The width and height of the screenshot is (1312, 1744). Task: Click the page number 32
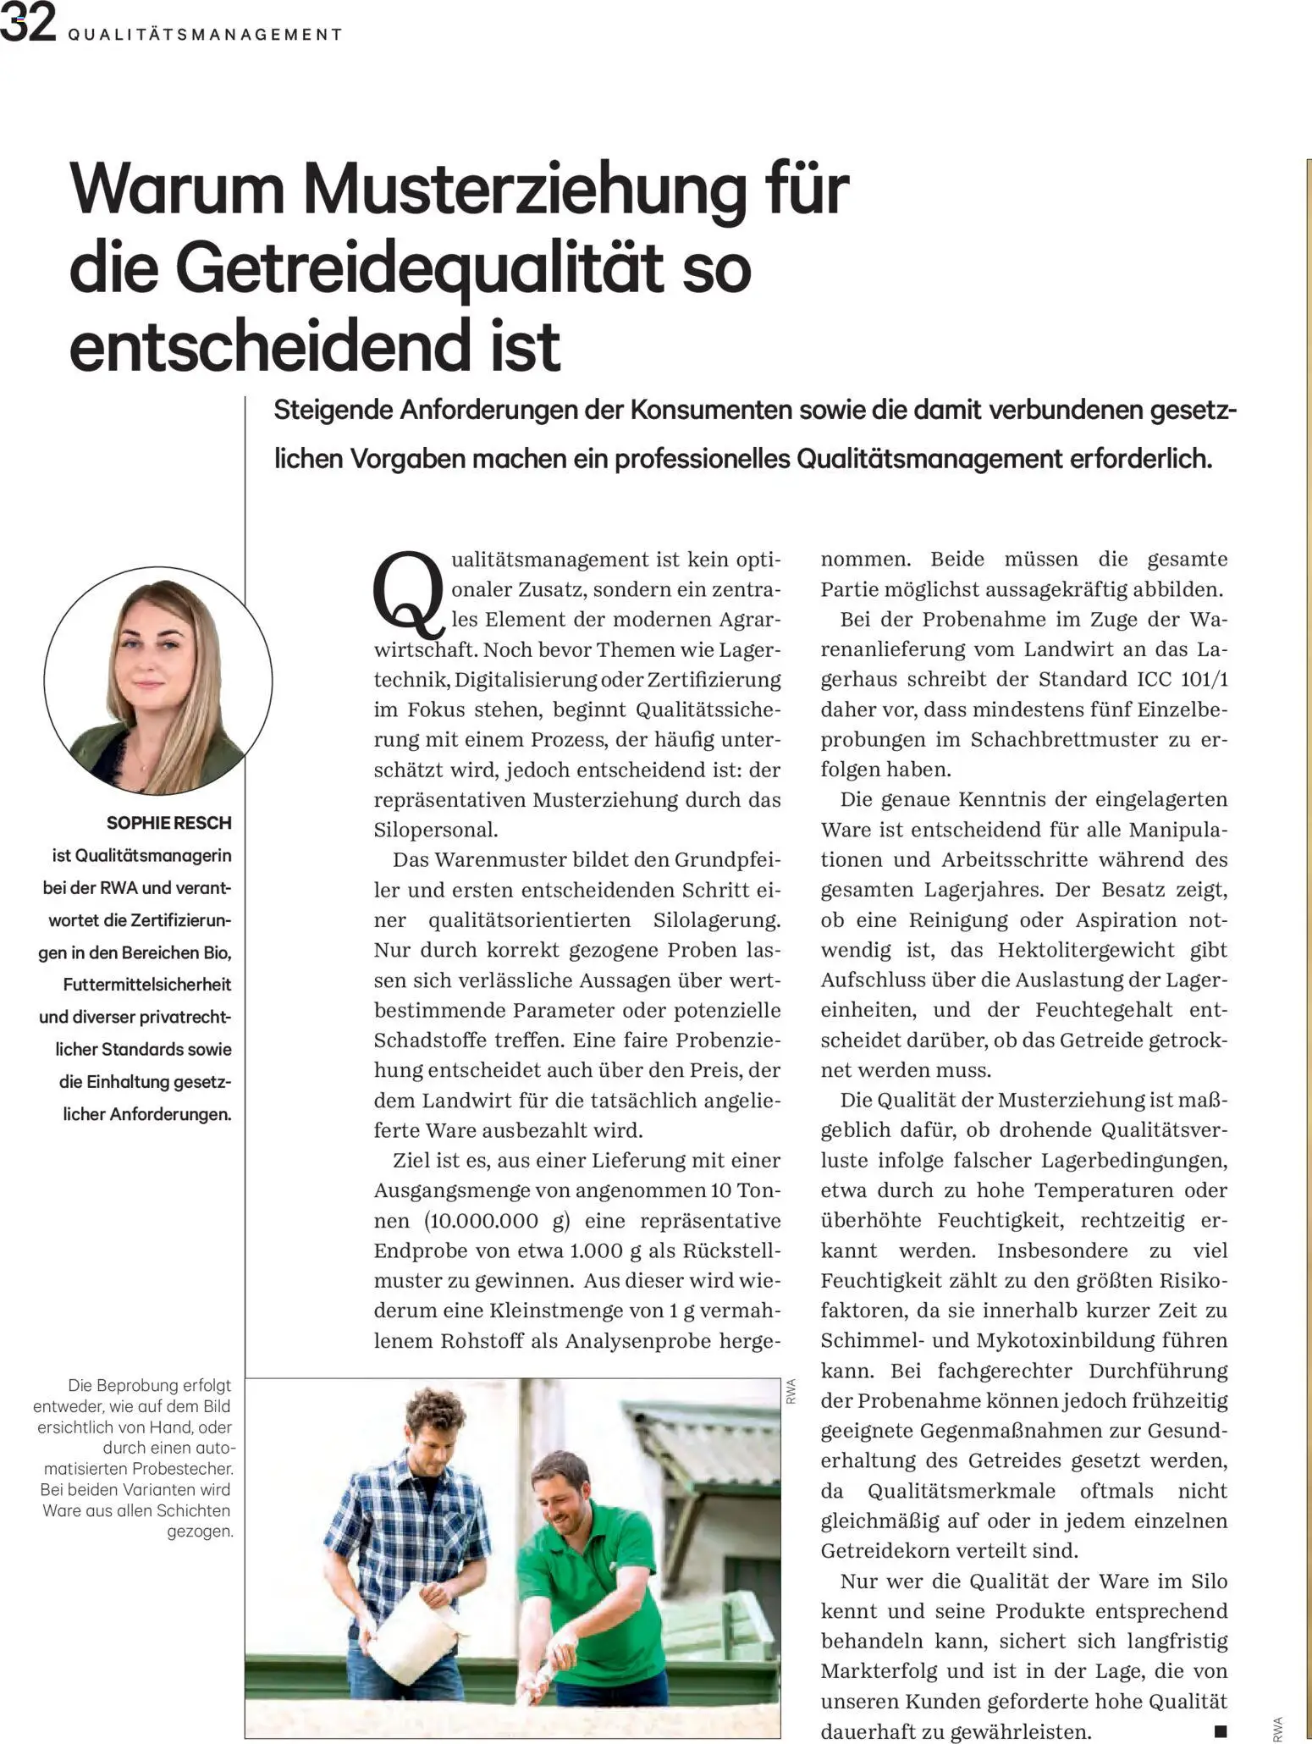pyautogui.click(x=27, y=24)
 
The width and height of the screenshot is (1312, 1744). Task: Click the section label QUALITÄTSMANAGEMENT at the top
pyautogui.click(x=204, y=35)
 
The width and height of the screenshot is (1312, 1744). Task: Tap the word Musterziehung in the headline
pyautogui.click(x=526, y=190)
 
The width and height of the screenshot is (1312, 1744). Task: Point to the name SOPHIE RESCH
pyautogui.click(x=169, y=823)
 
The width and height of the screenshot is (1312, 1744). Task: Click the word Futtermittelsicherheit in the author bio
pyautogui.click(x=147, y=985)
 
